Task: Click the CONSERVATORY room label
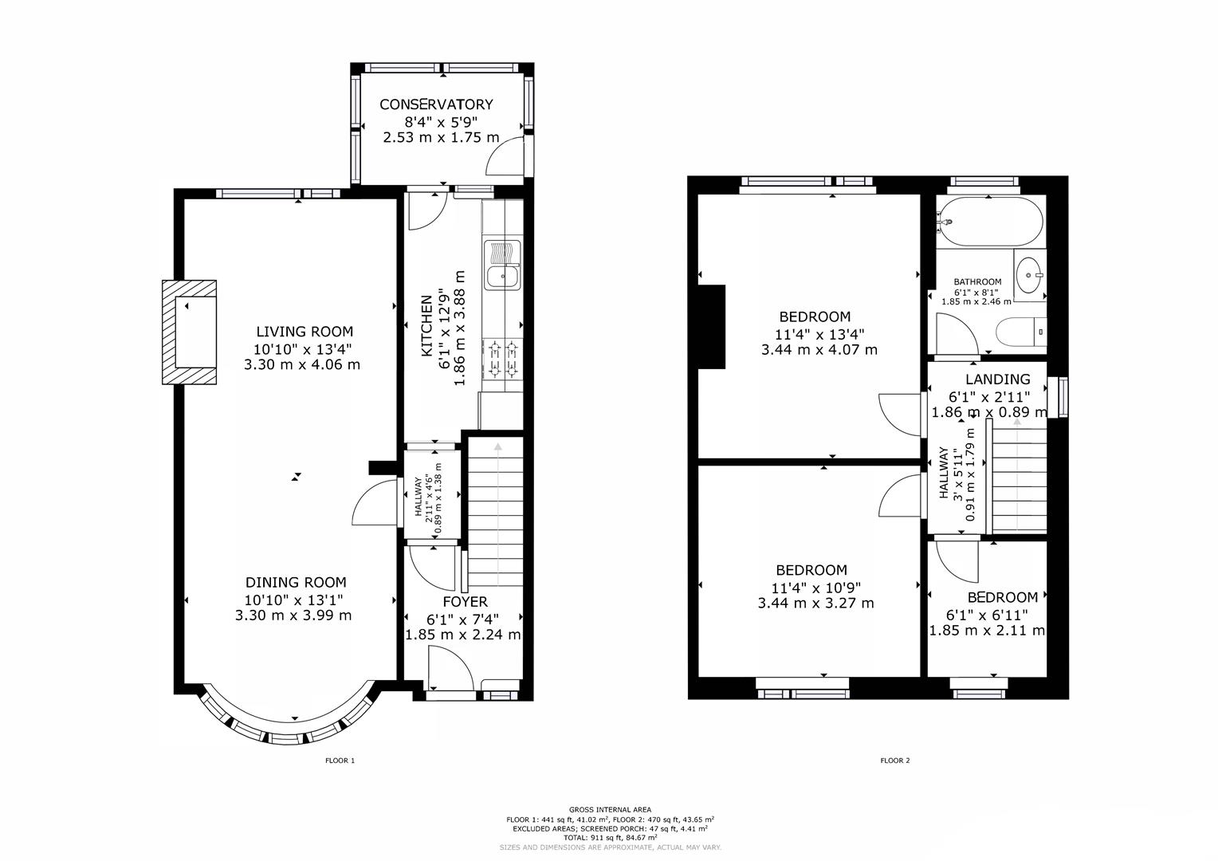coord(436,104)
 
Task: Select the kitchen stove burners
coord(502,358)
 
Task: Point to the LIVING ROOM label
coord(304,332)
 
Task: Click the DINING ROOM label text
coord(295,583)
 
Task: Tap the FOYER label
coord(465,602)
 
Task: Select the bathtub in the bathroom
coord(989,221)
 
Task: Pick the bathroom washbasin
coord(1030,275)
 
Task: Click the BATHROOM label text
coord(977,282)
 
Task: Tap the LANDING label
coord(997,379)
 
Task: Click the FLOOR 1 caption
coord(340,761)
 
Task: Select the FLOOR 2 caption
coord(894,761)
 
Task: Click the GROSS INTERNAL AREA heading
coord(610,809)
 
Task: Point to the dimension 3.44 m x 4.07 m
coord(819,349)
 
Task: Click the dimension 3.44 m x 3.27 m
coord(815,603)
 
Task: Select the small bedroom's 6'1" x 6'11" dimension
coord(987,615)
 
